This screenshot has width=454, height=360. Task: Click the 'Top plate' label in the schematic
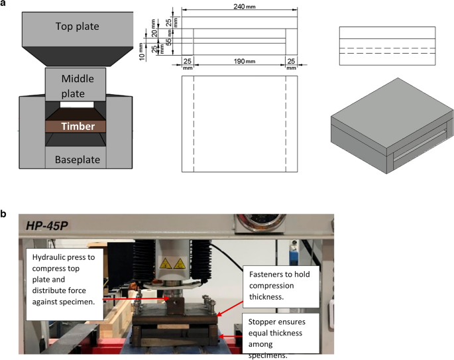click(78, 27)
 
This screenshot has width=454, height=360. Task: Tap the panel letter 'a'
click(5, 5)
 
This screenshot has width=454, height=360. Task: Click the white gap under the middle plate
click(78, 105)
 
